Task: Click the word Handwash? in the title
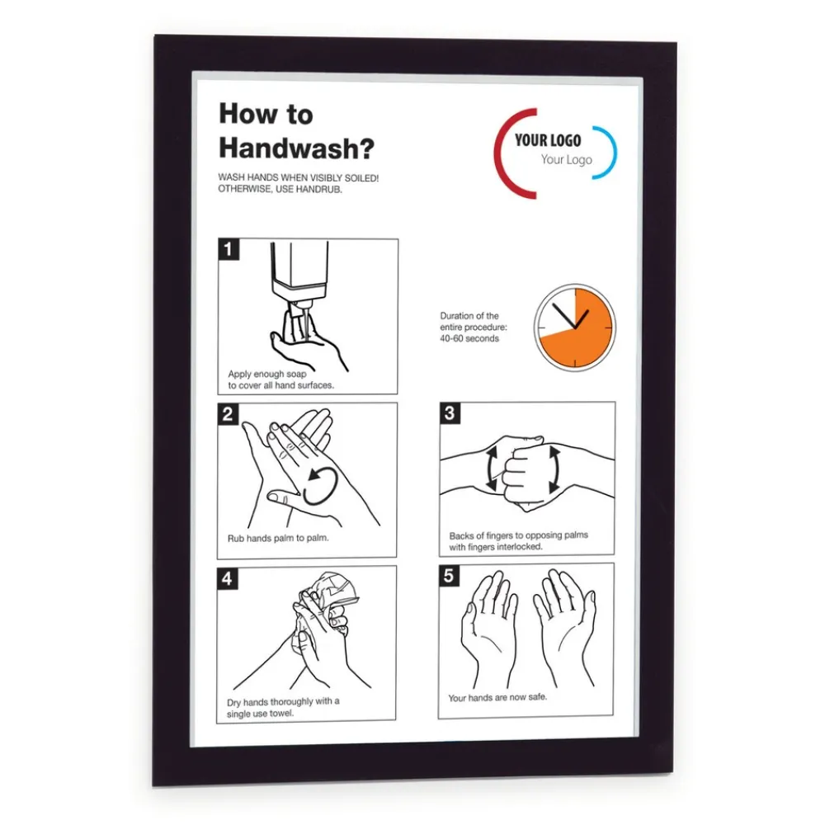pos(297,148)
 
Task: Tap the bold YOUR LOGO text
pos(548,140)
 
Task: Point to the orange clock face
pos(575,328)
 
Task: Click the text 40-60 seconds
pos(469,338)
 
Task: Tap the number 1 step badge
pos(229,249)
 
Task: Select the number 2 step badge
pos(228,414)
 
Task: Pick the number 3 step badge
pos(450,413)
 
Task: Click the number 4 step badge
pos(228,578)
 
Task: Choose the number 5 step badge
pos(449,576)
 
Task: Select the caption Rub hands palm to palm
pos(278,538)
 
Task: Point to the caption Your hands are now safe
pos(497,698)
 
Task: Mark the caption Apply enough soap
pos(266,374)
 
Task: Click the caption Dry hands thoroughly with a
pos(283,702)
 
